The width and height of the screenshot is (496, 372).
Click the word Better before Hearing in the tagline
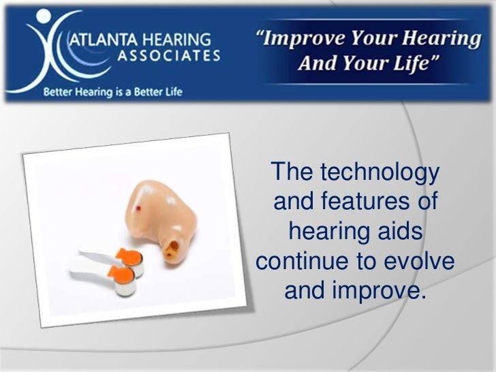(x=61, y=91)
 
